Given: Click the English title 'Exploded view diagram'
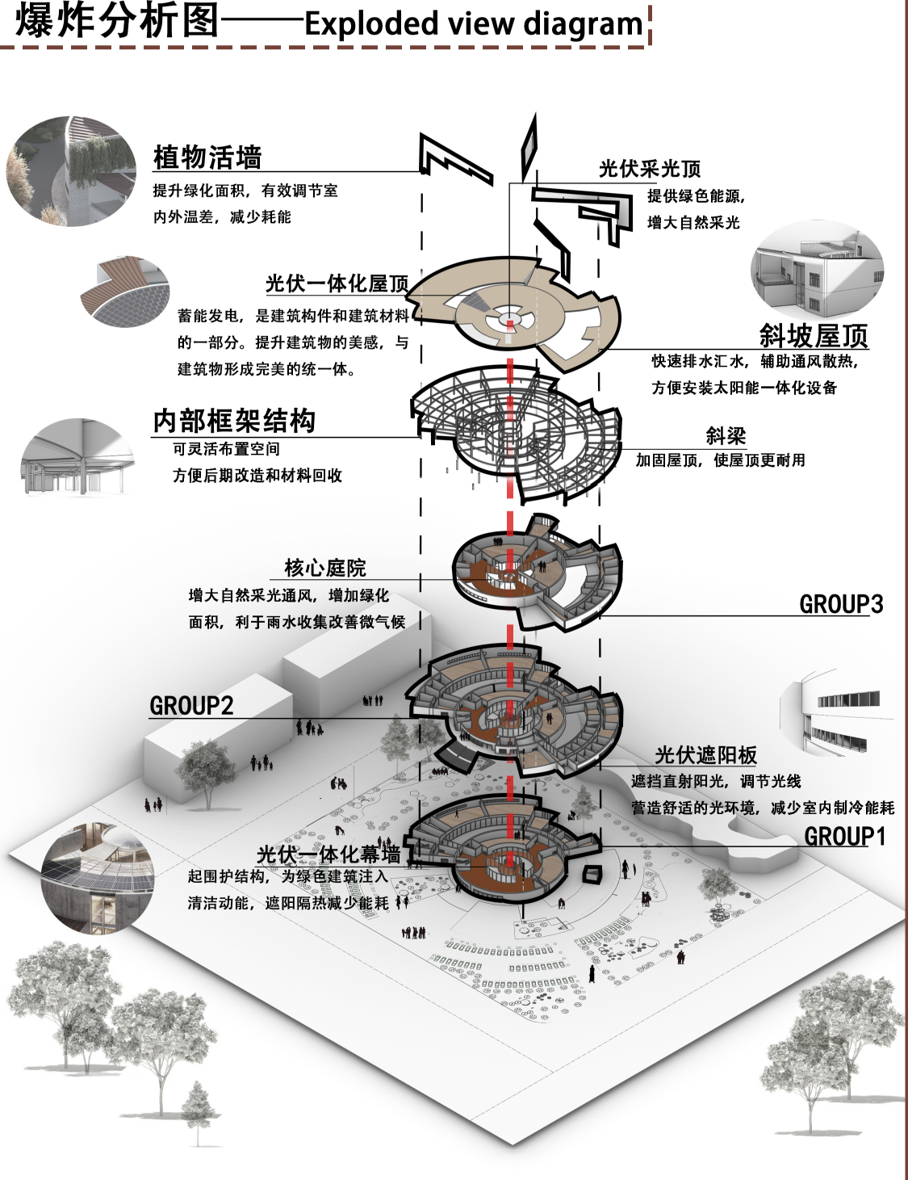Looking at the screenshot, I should pyautogui.click(x=474, y=23).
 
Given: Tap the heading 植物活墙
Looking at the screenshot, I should pyautogui.click(x=207, y=157).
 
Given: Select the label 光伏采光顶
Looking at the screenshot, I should pyautogui.click(x=649, y=169).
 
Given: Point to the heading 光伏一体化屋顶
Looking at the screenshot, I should pyautogui.click(x=337, y=283).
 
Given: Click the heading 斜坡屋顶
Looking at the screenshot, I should pyautogui.click(x=813, y=334).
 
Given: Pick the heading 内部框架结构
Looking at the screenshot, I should pyautogui.click(x=234, y=420).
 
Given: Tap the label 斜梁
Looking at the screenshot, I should pyautogui.click(x=726, y=436).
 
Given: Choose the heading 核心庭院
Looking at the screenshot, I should pyautogui.click(x=324, y=568).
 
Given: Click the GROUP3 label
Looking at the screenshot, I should pyautogui.click(x=841, y=604).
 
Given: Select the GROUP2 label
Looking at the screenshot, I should pyautogui.click(x=191, y=706).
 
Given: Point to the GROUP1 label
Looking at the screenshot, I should pyautogui.click(x=844, y=837).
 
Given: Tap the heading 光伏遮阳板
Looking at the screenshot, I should pyautogui.click(x=705, y=755).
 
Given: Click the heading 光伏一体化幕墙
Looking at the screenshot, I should pyautogui.click(x=328, y=855).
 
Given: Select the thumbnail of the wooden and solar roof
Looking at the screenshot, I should pyautogui.click(x=125, y=291).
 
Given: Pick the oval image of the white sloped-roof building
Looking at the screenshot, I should pyautogui.click(x=817, y=271).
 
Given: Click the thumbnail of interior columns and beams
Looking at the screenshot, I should pyautogui.click(x=77, y=457).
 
